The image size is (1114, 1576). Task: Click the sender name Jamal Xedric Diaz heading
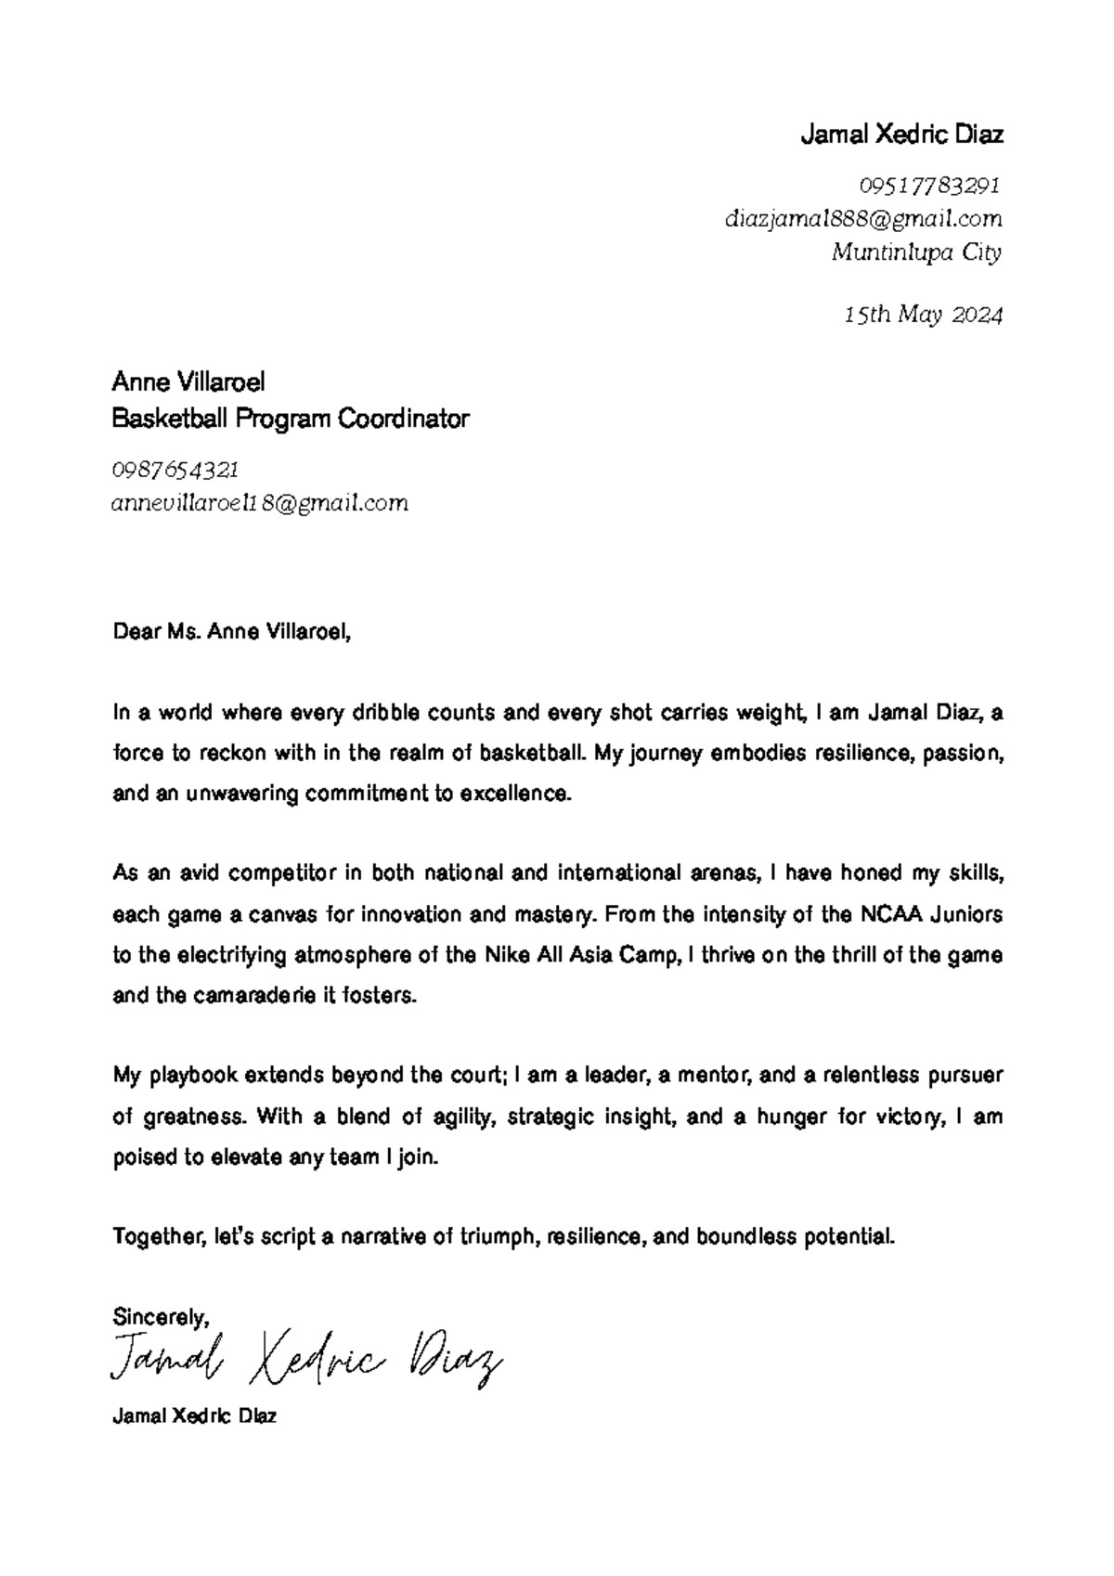tap(900, 136)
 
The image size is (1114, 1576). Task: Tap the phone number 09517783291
tap(929, 186)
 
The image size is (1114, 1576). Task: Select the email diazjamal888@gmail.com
tap(862, 219)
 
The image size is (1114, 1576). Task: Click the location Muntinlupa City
tap(915, 252)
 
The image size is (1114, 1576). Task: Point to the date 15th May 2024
tap(923, 316)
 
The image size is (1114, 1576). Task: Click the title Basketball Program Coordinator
tap(290, 420)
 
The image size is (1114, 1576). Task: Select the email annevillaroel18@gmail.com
tap(259, 503)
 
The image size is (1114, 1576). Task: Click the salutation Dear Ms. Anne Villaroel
tap(231, 633)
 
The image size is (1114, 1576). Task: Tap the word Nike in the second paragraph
tap(508, 955)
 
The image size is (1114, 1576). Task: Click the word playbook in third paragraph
tap(193, 1076)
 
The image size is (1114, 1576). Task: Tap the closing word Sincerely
tap(160, 1316)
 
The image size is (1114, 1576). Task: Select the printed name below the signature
tap(193, 1417)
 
